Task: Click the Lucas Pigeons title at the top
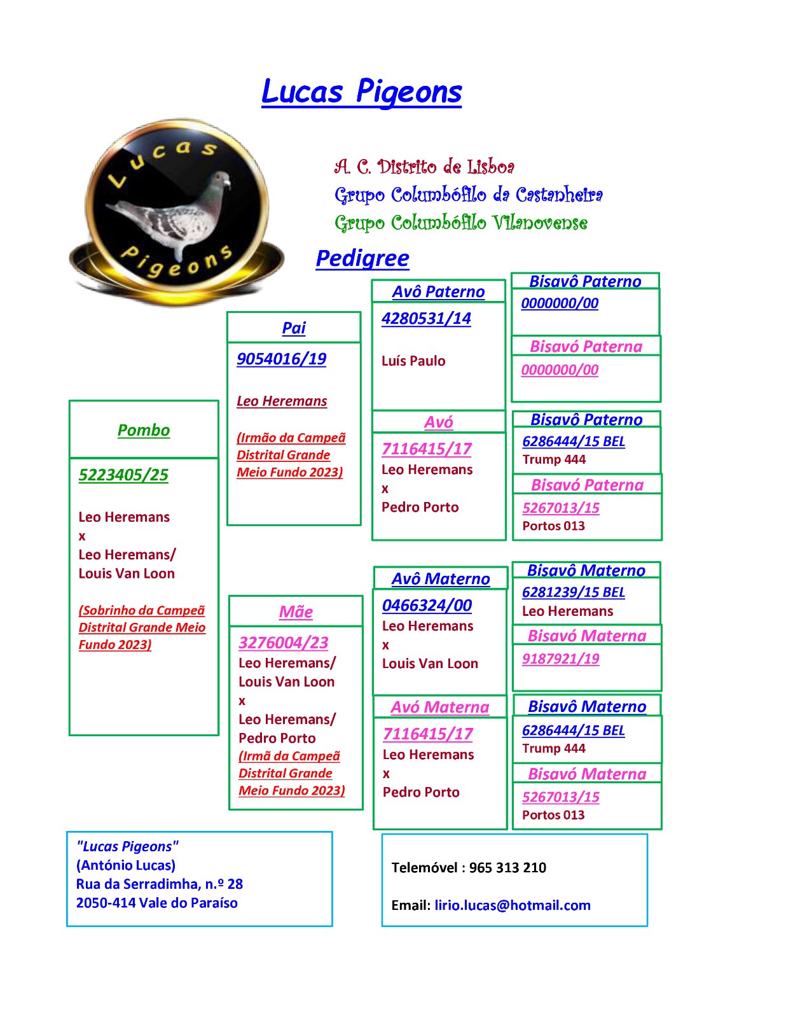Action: [361, 92]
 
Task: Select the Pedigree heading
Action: [362, 258]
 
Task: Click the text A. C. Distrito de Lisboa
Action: [424, 166]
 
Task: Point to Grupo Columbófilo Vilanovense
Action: [460, 223]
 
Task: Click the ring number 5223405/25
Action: [123, 475]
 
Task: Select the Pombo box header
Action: [144, 430]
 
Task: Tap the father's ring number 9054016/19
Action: [281, 359]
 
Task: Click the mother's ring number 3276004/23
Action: [283, 643]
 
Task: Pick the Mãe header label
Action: [296, 612]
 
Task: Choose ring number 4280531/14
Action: [426, 319]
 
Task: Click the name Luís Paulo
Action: [413, 361]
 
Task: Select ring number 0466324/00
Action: [427, 606]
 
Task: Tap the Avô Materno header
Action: [441, 579]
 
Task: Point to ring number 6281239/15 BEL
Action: [574, 592]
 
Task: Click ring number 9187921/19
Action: [560, 659]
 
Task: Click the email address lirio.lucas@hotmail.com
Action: [513, 905]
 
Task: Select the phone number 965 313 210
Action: [507, 868]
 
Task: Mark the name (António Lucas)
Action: [126, 865]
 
